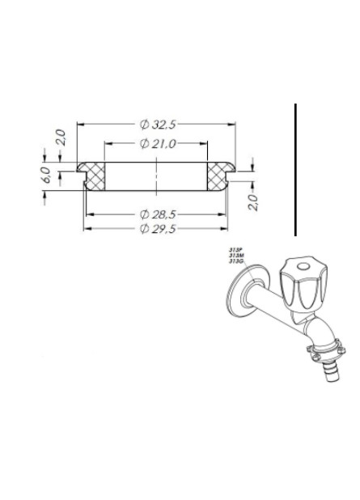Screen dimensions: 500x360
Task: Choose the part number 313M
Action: point(235,256)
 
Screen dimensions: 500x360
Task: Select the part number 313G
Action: point(235,262)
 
